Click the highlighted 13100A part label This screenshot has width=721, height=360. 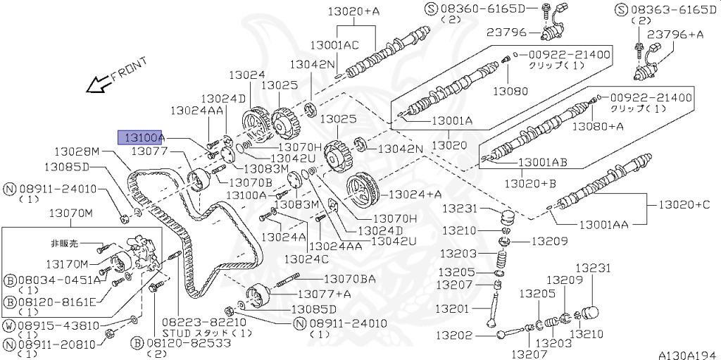pos(141,137)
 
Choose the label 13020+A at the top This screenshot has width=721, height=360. pos(353,11)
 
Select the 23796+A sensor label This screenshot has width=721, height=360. pos(676,34)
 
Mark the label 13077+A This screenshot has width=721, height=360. pos(324,293)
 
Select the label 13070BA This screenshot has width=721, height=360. pos(349,280)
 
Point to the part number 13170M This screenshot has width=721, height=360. pos(68,264)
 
